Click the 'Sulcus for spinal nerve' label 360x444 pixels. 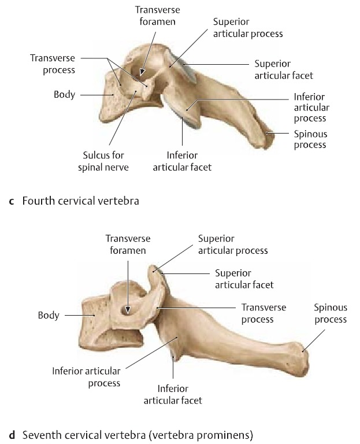[103, 161]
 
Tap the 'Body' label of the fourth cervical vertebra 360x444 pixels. [65, 94]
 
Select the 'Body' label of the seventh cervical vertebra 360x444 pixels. [49, 315]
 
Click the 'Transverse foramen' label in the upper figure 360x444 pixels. [157, 16]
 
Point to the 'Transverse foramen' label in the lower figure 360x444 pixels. [128, 245]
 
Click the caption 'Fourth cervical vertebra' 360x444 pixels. [81, 201]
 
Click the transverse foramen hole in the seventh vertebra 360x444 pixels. [127, 311]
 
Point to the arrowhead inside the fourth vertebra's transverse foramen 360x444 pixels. [142, 72]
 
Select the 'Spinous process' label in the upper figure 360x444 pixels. [310, 139]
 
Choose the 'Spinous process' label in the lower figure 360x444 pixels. [331, 313]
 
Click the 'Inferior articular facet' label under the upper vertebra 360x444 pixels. [182, 161]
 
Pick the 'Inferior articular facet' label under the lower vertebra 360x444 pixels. [173, 394]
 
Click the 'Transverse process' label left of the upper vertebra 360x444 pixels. [53, 64]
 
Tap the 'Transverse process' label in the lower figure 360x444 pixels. [263, 313]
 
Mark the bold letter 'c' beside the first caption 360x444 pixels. [12, 201]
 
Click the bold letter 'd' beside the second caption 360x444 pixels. [12, 435]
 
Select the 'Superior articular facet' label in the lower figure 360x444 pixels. [244, 279]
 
